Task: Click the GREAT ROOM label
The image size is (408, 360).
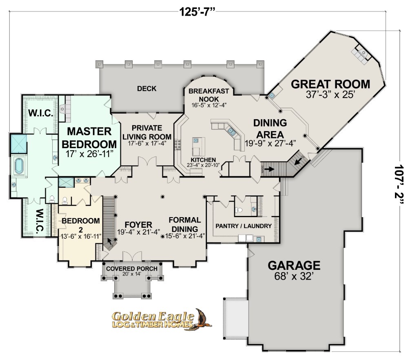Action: click(330, 84)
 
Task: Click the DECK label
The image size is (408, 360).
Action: click(146, 89)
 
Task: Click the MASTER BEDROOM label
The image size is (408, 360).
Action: click(89, 138)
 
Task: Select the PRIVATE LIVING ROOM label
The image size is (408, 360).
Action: click(146, 133)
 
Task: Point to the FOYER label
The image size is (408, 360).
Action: click(138, 225)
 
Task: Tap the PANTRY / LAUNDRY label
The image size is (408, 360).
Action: click(244, 226)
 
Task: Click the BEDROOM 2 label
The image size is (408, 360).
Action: click(81, 224)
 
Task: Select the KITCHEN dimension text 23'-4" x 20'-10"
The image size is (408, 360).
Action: click(203, 165)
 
